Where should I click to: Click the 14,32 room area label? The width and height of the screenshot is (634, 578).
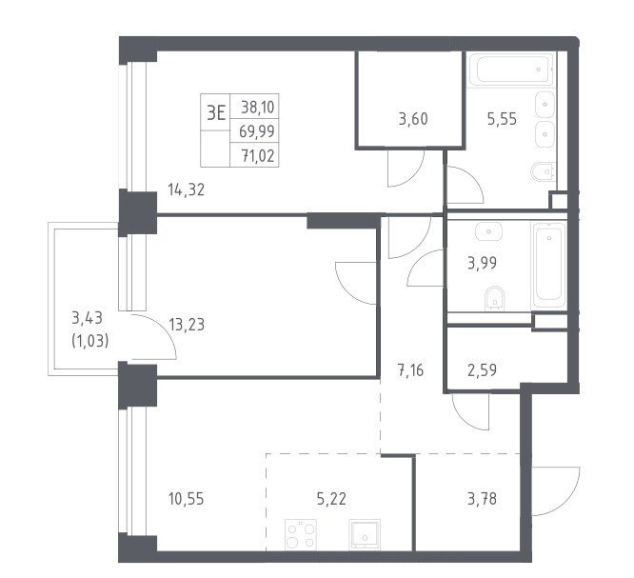pyautogui.click(x=187, y=189)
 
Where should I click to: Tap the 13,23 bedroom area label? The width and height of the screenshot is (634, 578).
pyautogui.click(x=187, y=325)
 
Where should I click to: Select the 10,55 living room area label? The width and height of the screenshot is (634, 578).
pyautogui.click(x=187, y=499)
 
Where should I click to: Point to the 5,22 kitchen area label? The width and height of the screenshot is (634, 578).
pyautogui.click(x=331, y=499)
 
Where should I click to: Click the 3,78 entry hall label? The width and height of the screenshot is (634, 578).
pyautogui.click(x=482, y=499)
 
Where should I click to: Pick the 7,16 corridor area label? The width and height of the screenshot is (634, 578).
pyautogui.click(x=411, y=370)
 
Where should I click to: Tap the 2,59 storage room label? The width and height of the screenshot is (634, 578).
pyautogui.click(x=482, y=370)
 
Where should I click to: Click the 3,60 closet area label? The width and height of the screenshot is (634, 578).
pyautogui.click(x=413, y=119)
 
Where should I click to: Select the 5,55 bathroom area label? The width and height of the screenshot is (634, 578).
pyautogui.click(x=502, y=119)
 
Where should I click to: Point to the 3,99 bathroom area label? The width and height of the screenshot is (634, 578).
pyautogui.click(x=482, y=264)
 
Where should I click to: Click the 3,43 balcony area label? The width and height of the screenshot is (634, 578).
pyautogui.click(x=87, y=318)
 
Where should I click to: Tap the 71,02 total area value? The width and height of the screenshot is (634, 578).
pyautogui.click(x=258, y=156)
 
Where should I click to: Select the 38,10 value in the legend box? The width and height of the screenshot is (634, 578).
pyautogui.click(x=258, y=108)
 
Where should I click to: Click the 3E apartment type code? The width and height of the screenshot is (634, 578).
pyautogui.click(x=216, y=113)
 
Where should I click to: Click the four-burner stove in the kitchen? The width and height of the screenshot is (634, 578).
pyautogui.click(x=301, y=535)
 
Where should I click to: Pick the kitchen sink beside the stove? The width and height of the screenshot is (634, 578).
pyautogui.click(x=365, y=535)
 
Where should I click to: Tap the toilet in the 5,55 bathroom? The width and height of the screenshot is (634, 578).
pyautogui.click(x=544, y=172)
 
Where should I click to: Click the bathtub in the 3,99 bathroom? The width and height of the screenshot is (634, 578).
pyautogui.click(x=549, y=266)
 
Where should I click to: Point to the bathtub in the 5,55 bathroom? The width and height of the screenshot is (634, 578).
pyautogui.click(x=510, y=70)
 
